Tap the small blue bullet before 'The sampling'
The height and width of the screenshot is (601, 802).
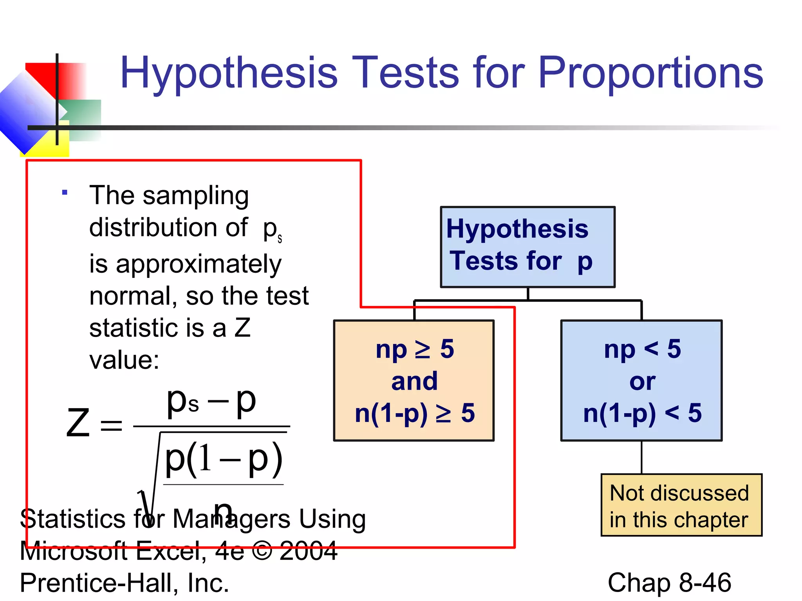(x=65, y=192)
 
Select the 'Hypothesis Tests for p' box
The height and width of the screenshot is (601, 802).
(x=527, y=247)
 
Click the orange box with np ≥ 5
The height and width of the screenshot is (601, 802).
(x=414, y=380)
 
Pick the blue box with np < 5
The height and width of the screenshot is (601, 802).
(x=641, y=380)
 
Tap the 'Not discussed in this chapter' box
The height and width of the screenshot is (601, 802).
(x=681, y=505)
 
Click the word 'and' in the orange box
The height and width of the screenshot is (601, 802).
(x=414, y=381)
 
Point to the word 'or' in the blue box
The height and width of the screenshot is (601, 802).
(x=642, y=381)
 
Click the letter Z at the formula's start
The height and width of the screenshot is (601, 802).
(x=78, y=423)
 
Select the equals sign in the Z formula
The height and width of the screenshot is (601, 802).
(x=111, y=425)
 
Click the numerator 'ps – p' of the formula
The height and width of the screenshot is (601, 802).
(x=211, y=402)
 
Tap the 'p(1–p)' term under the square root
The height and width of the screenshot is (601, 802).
(x=223, y=459)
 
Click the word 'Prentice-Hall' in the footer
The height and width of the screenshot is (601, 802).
(x=96, y=583)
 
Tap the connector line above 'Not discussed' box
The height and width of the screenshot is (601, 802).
(x=641, y=457)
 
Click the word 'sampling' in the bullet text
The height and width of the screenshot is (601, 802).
(x=195, y=196)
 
